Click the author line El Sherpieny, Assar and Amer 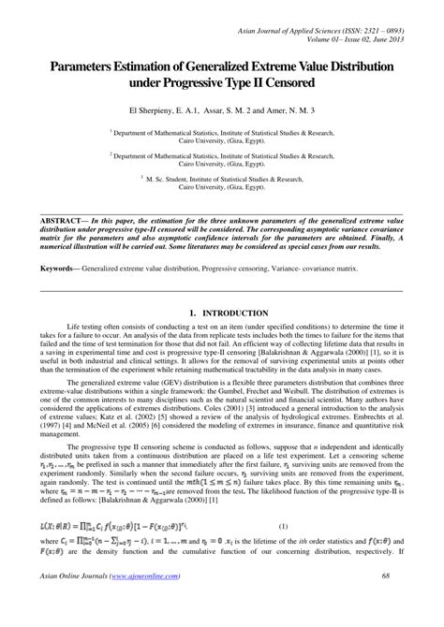(222, 110)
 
